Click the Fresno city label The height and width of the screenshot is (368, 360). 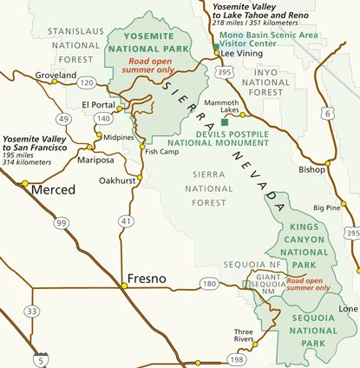point(148,279)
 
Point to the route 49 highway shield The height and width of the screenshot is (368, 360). point(63,119)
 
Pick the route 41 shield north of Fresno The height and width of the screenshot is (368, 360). point(128,222)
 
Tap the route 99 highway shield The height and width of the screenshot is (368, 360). point(61,223)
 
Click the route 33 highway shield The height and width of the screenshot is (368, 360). point(32,311)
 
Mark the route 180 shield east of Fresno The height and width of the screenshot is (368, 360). point(208,283)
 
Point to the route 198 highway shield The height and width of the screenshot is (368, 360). point(235,358)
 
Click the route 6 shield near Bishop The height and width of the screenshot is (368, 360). point(327,114)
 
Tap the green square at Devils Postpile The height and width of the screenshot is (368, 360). point(226,122)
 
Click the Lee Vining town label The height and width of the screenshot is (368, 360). point(240,53)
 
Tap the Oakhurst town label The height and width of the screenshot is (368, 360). point(116,181)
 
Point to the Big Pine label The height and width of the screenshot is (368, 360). point(327,207)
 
